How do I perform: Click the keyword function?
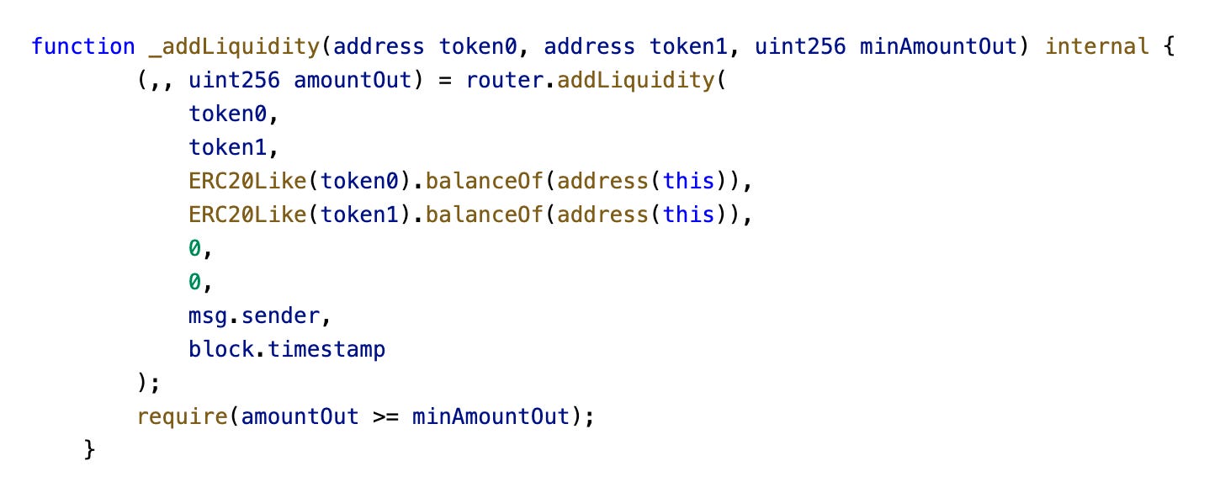(83, 46)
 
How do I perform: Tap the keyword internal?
(1097, 46)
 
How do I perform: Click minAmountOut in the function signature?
(938, 46)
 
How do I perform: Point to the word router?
(498, 80)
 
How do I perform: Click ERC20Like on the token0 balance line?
(247, 181)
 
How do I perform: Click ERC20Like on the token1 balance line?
(247, 215)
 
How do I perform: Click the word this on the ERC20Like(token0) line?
(689, 181)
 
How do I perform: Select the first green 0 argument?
(194, 248)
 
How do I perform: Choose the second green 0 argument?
(194, 282)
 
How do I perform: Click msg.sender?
(253, 315)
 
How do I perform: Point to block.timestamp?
(287, 349)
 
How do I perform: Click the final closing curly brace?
(90, 450)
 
